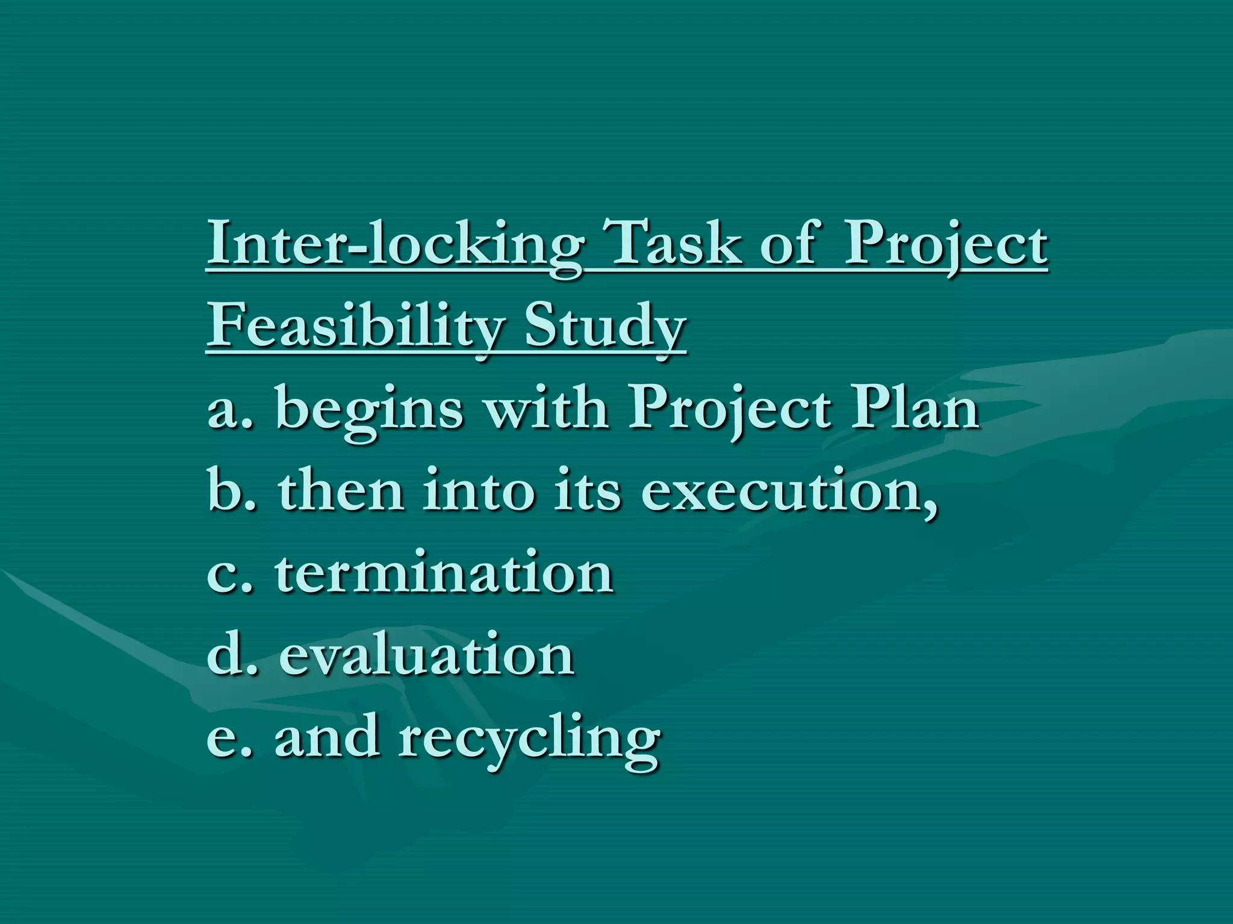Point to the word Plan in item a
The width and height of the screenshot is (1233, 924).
click(x=915, y=409)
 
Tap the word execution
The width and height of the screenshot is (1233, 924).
click(x=789, y=491)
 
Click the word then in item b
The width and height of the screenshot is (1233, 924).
click(x=341, y=491)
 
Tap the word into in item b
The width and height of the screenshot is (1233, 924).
click(x=479, y=491)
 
